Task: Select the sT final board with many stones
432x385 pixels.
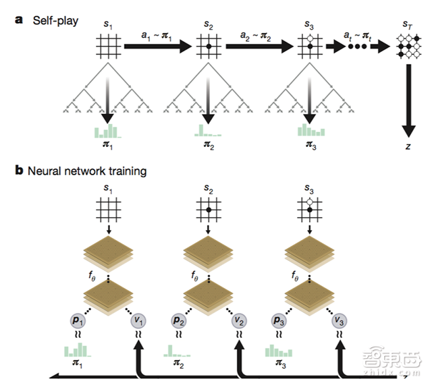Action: pos(407,49)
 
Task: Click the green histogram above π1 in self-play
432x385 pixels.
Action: pos(106,130)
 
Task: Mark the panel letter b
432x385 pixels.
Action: pos(19,171)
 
